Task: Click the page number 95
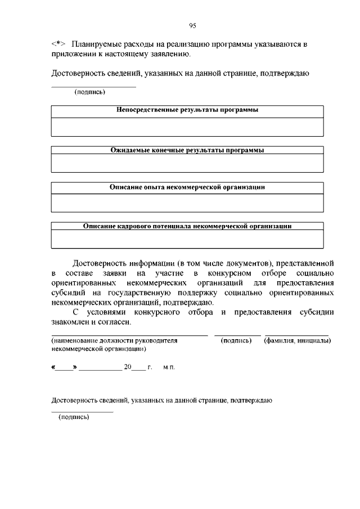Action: tap(192, 25)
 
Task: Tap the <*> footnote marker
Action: tap(58, 44)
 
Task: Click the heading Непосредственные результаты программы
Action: tap(187, 110)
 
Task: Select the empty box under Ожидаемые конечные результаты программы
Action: tap(187, 163)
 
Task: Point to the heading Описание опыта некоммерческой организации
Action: tap(187, 187)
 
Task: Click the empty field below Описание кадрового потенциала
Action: tap(187, 239)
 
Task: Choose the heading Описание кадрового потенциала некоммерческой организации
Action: tap(187, 226)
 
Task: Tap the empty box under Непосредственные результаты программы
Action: tap(187, 127)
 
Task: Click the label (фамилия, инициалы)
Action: tap(297, 341)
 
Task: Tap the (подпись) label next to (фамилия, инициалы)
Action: tap(236, 341)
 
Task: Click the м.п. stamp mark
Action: tap(169, 367)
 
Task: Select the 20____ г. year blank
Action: tap(138, 367)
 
